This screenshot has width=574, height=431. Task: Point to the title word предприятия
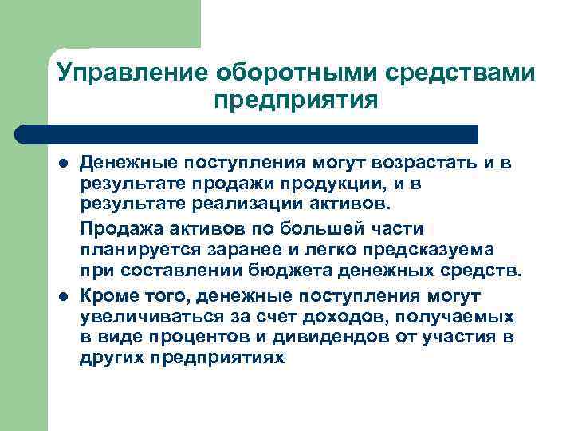pyautogui.click(x=295, y=101)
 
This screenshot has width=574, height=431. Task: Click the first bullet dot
pyautogui.click(x=63, y=164)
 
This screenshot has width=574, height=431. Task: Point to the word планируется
pyautogui.click(x=129, y=249)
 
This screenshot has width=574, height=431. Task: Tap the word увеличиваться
pyautogui.click(x=145, y=316)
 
